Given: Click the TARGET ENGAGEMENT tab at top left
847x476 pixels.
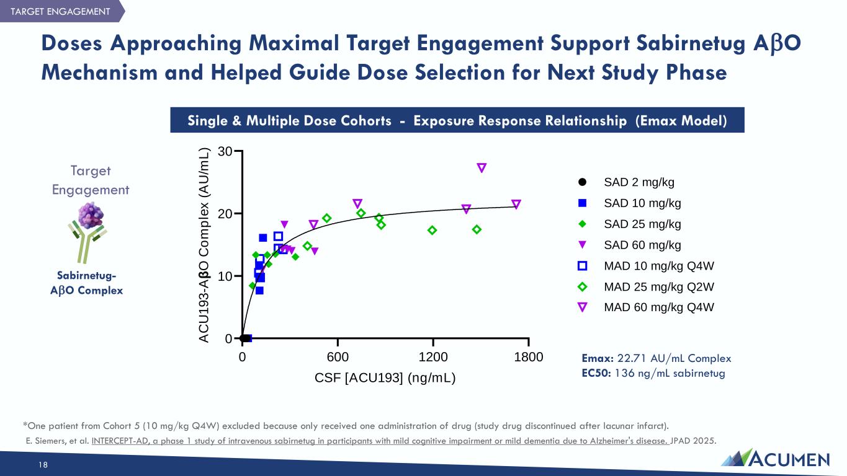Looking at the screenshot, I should (60, 12).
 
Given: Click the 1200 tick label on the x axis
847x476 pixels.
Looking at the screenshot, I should (433, 357).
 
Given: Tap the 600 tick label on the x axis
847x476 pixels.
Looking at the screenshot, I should (338, 357).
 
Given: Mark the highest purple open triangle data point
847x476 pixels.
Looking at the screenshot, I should (482, 168).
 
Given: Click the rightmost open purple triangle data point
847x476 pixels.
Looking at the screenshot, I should (516, 205).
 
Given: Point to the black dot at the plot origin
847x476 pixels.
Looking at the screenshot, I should (244, 338).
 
